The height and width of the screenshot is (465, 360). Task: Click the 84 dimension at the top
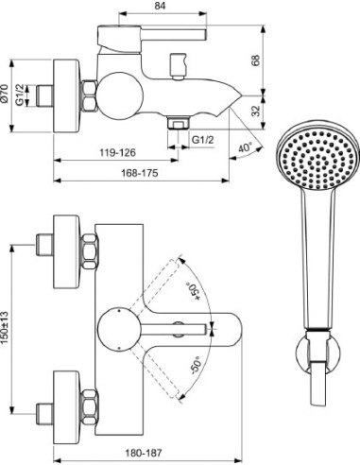pyautogui.click(x=160, y=6)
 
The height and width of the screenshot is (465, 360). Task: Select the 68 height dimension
pyautogui.click(x=255, y=60)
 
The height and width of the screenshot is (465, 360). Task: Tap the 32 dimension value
pyautogui.click(x=257, y=111)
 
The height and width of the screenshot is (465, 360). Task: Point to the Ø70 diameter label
pyautogui.click(x=4, y=94)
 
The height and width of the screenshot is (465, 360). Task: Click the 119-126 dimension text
pyautogui.click(x=117, y=153)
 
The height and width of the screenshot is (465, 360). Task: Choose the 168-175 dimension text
pyautogui.click(x=140, y=173)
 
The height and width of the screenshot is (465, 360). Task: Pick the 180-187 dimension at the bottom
pyautogui.click(x=144, y=453)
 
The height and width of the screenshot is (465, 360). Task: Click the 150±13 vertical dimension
pyautogui.click(x=4, y=328)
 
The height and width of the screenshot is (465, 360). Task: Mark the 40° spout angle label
pyautogui.click(x=246, y=147)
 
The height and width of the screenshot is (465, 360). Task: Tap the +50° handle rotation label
pyautogui.click(x=193, y=292)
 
